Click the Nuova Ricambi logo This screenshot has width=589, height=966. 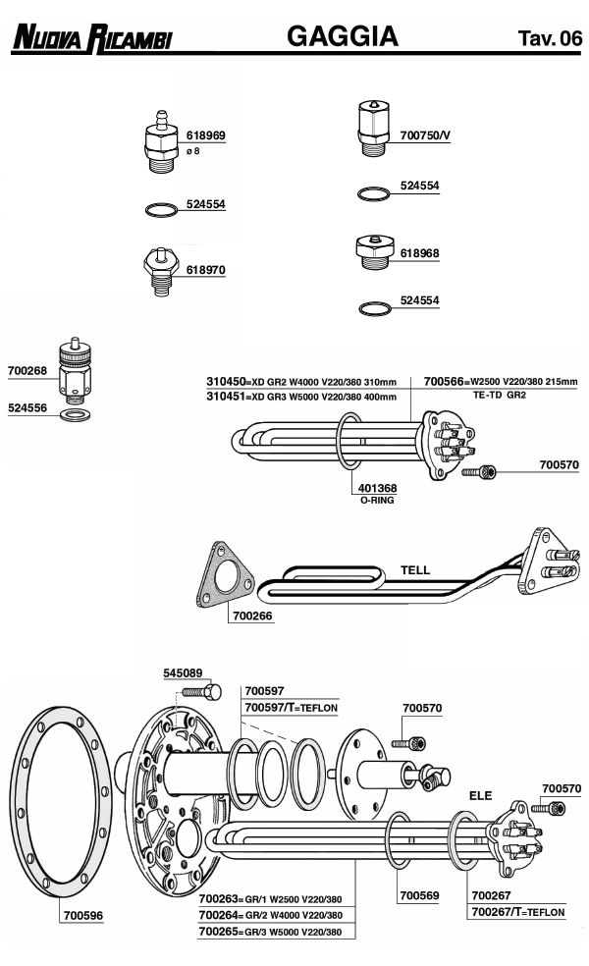92,37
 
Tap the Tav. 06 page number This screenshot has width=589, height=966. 550,38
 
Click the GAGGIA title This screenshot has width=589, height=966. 343,36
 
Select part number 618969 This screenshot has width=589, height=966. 206,135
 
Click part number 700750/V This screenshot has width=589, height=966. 425,134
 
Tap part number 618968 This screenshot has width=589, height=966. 420,252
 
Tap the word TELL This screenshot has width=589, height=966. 415,569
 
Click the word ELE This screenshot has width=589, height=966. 480,795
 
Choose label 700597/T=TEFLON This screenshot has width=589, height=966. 291,707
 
